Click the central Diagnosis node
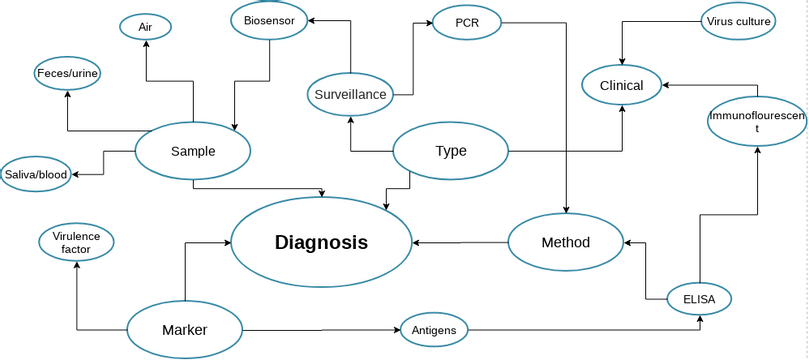coord(321,242)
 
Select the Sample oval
coord(192,151)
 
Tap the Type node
coord(450,152)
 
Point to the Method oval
coord(565,242)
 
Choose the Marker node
coord(184,329)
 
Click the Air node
coord(145,27)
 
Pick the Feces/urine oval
coord(68,73)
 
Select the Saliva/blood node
coord(36,174)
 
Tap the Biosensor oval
coord(268,19)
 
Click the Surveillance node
coord(350,94)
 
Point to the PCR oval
coord(466,23)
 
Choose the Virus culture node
coord(739,21)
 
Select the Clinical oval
coord(621,85)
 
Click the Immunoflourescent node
coord(757,122)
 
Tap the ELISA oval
coord(699,297)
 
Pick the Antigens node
coord(433,329)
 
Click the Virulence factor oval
coord(76,243)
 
